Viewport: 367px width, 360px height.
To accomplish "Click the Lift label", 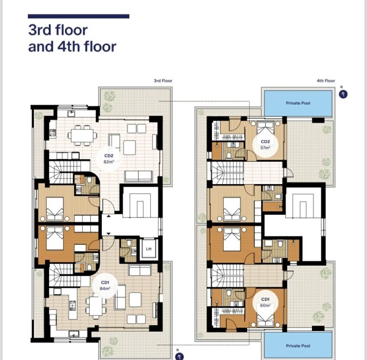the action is [148, 249].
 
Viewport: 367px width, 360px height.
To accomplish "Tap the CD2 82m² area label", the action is [109, 158].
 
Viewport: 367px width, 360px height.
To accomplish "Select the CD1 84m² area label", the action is [105, 286].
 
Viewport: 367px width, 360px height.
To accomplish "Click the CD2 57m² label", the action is [265, 144].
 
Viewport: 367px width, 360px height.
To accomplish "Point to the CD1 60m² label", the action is [265, 302].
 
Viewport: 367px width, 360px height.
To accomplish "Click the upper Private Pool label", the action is [298, 103].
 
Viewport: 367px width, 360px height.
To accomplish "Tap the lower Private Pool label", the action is [298, 346].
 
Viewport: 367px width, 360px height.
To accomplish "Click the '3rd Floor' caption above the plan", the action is [163, 81].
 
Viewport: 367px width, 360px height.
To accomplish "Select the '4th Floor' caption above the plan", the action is [326, 81].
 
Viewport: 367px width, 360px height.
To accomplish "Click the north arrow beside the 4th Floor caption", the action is [343, 94].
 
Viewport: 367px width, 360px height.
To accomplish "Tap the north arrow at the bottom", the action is [179, 356].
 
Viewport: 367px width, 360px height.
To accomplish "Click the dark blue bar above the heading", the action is [78, 16].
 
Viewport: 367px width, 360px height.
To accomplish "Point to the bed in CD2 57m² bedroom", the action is [265, 127].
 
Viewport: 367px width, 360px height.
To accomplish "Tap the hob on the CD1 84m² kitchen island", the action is [73, 305].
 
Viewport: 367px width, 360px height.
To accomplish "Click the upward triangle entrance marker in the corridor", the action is [108, 216].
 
